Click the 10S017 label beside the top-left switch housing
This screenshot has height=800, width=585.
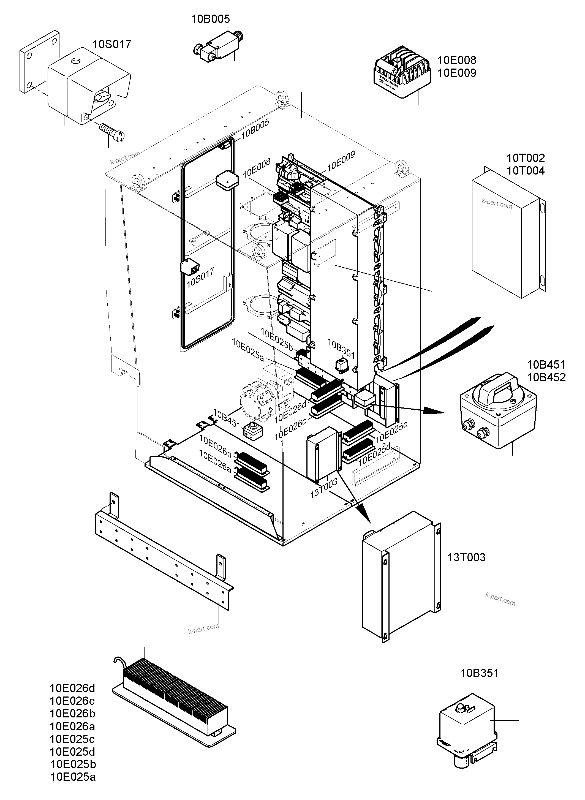(112, 44)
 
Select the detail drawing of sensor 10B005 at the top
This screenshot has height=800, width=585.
(219, 47)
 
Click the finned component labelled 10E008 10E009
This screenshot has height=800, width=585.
(403, 73)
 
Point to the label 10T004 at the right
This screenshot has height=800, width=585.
(525, 171)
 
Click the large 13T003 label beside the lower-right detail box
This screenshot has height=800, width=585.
(466, 557)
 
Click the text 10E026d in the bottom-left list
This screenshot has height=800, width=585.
(72, 688)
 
